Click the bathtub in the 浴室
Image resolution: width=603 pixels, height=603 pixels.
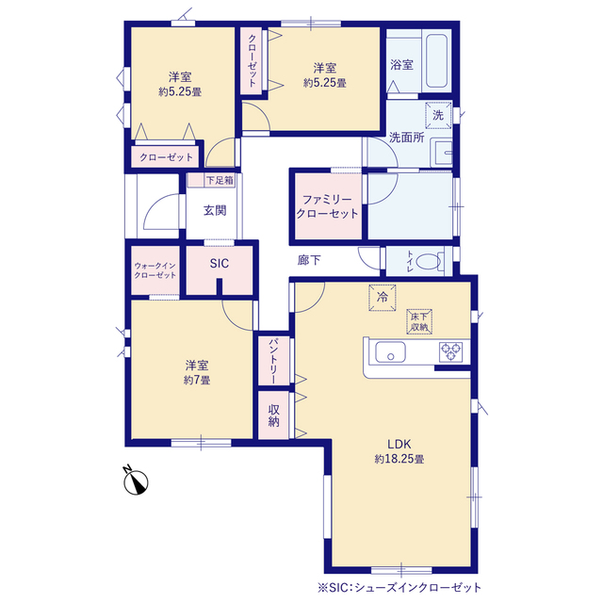pyautogui.click(x=436, y=60)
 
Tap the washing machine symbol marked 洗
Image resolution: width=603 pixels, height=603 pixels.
pyautogui.click(x=438, y=115)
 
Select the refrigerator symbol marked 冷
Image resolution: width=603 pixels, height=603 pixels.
pyautogui.click(x=383, y=298)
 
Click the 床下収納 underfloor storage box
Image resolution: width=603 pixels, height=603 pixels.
pyautogui.click(x=419, y=321)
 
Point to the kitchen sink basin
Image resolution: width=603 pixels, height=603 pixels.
pyautogui.click(x=390, y=351)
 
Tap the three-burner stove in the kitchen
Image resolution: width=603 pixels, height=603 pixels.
pyautogui.click(x=450, y=351)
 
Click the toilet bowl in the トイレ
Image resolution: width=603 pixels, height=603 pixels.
pyautogui.click(x=428, y=262)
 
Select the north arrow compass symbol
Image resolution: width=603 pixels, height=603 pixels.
pyautogui.click(x=136, y=481)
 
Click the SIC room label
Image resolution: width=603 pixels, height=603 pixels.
pyautogui.click(x=220, y=264)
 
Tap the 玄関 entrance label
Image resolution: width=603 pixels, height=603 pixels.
pyautogui.click(x=215, y=210)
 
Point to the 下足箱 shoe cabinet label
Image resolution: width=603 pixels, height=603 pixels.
pyautogui.click(x=220, y=180)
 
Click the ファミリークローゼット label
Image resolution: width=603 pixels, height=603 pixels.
pyautogui.click(x=327, y=206)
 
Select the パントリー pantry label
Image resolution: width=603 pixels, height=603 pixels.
pyautogui.click(x=273, y=361)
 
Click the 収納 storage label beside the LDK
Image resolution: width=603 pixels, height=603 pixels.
pyautogui.click(x=273, y=416)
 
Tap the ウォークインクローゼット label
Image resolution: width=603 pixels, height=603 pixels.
pyautogui.click(x=155, y=270)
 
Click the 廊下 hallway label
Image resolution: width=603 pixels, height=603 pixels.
pyautogui.click(x=309, y=260)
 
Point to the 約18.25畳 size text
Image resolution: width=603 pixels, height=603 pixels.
pyautogui.click(x=399, y=459)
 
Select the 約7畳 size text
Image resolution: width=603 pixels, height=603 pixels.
pyautogui.click(x=197, y=380)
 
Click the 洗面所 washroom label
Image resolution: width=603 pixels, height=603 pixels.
pyautogui.click(x=406, y=138)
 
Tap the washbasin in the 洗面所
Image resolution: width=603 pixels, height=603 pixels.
pyautogui.click(x=442, y=153)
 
